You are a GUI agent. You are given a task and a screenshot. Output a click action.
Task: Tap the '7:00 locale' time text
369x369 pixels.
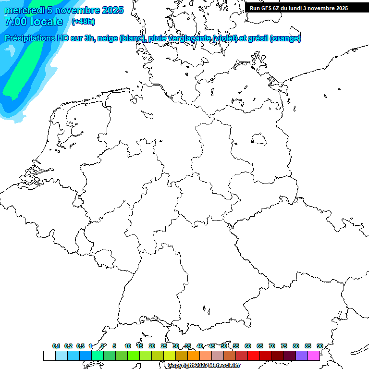[34, 22]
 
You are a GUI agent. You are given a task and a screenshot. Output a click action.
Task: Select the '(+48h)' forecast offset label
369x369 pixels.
[83, 22]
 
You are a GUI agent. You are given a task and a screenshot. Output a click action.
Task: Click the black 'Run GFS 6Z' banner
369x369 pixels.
[302, 8]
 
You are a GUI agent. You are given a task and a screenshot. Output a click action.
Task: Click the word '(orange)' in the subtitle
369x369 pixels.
[285, 38]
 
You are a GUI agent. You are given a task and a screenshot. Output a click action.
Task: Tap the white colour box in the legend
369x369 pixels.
[49, 356]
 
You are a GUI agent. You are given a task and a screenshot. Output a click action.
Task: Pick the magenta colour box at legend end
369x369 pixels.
[313, 356]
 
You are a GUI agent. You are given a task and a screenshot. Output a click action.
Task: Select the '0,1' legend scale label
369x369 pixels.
[56, 346]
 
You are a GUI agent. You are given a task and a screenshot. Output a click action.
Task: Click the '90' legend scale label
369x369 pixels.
[320, 346]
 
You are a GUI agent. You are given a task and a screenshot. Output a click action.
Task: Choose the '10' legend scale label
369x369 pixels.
[127, 346]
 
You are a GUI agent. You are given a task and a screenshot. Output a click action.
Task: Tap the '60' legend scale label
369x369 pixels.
[247, 346]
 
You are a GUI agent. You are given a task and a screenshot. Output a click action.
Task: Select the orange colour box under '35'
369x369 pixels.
[193, 356]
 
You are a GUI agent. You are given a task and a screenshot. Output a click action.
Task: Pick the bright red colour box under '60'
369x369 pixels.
[253, 356]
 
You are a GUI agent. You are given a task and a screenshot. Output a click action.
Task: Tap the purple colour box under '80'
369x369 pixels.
[301, 356]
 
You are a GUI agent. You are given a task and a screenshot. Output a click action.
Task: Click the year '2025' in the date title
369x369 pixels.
[111, 10]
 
